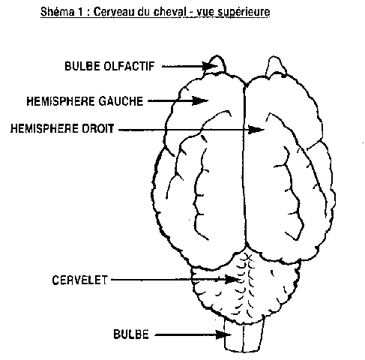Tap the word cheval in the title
(x=170, y=12)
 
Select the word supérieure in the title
(x=244, y=13)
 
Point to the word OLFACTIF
(x=129, y=66)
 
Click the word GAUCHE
(x=121, y=101)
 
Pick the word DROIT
(x=98, y=128)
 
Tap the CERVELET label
(x=79, y=280)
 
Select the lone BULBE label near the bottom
(x=131, y=334)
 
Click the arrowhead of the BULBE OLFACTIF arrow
(x=211, y=66)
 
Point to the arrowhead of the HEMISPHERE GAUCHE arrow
(x=200, y=100)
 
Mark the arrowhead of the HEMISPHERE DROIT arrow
(x=256, y=130)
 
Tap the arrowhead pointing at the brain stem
(x=224, y=334)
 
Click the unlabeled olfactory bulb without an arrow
(x=276, y=66)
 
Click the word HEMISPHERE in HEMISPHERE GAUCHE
(x=61, y=101)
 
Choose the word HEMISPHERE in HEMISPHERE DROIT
(x=44, y=128)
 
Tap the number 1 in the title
(x=80, y=12)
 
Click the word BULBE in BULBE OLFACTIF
(x=82, y=66)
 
